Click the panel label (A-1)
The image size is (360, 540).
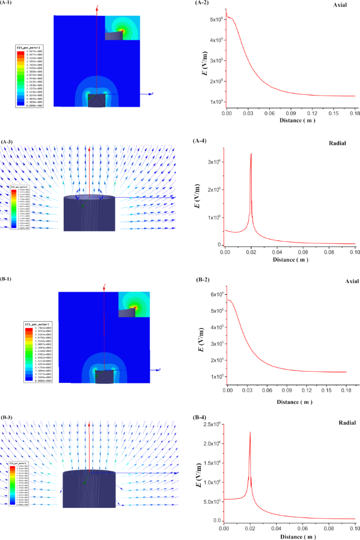9,3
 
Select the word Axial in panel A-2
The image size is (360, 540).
340,6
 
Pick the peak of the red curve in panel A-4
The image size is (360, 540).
251,153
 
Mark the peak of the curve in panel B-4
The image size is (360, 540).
250,432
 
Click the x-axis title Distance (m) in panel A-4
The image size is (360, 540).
288,260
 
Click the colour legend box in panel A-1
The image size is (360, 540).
30,76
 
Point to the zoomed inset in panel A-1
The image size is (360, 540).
122,28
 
